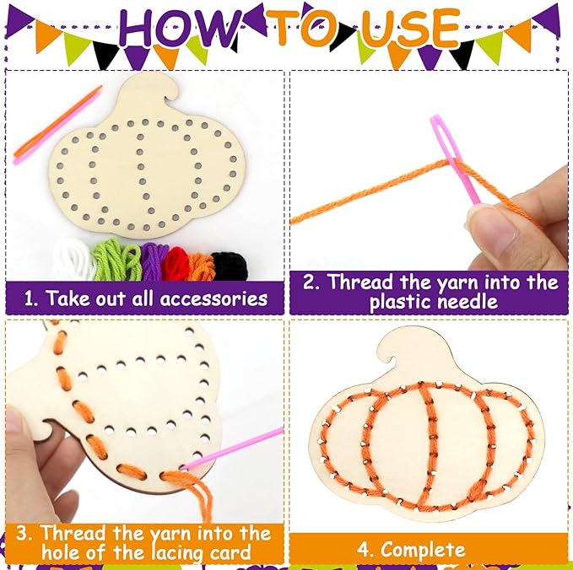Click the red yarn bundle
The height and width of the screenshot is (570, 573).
(x=177, y=263)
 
